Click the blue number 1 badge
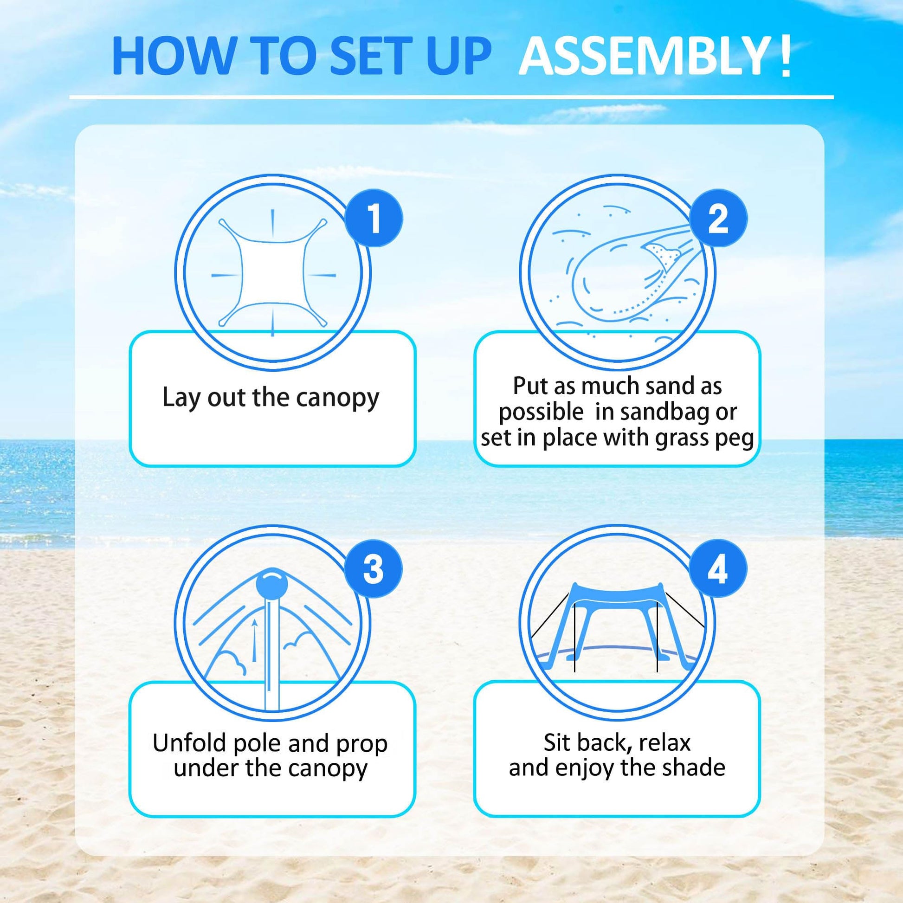[374, 218]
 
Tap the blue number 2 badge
[718, 218]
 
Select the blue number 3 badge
[374, 569]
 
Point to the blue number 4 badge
[718, 569]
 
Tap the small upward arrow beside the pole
[254, 640]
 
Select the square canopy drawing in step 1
[272, 273]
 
